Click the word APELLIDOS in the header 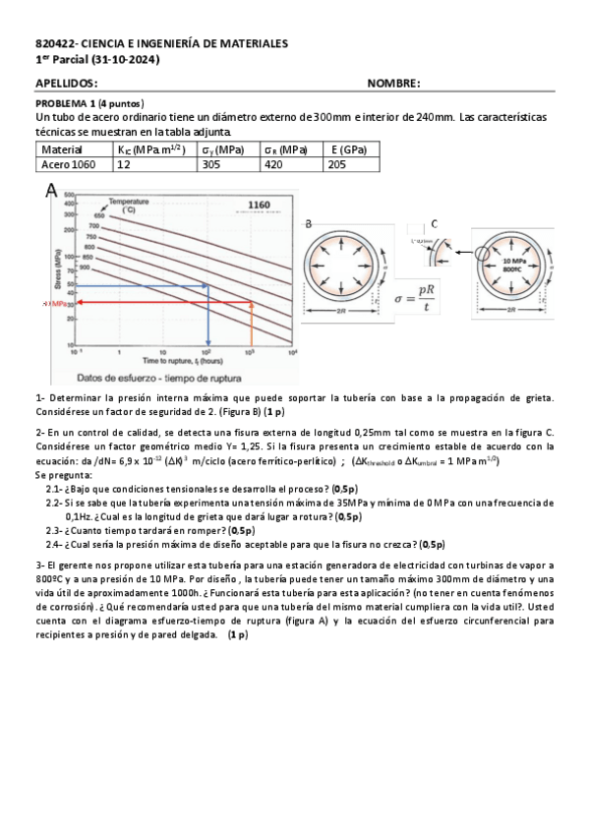point(66,85)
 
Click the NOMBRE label point(393,85)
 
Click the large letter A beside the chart point(50,193)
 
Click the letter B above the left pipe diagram point(309,225)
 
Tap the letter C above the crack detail point(434,223)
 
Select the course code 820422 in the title point(52,44)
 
